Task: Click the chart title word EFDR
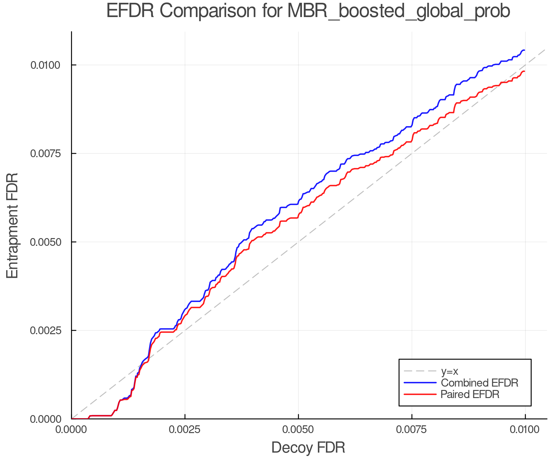[130, 11]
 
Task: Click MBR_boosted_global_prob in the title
[398, 12]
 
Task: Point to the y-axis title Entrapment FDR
[12, 225]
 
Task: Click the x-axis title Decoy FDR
[308, 448]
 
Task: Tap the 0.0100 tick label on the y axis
[45, 65]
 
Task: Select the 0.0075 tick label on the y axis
[45, 153]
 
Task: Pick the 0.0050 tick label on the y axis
[45, 242]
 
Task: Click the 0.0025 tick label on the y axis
[45, 330]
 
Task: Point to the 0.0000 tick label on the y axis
[45, 419]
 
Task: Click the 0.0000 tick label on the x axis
[72, 430]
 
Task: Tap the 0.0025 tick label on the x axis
[185, 430]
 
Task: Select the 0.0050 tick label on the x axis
[298, 430]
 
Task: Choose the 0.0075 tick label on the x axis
[412, 430]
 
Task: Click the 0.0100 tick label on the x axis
[525, 430]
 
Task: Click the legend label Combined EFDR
[479, 383]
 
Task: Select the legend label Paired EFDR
[470, 394]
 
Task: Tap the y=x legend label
[449, 371]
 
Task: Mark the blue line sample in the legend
[420, 383]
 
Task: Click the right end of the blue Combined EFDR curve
[524, 50]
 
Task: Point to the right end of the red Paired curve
[524, 71]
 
